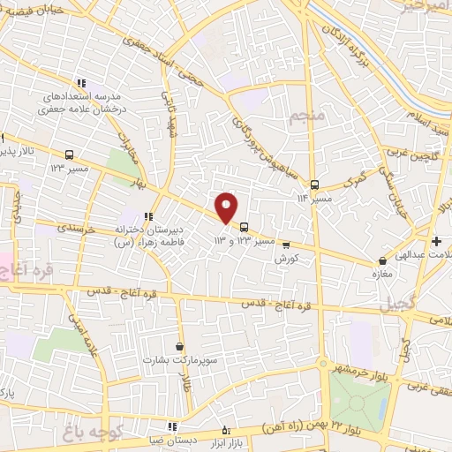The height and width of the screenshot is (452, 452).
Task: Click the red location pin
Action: [227, 207]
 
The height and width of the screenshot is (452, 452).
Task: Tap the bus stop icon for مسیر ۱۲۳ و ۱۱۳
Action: [245, 226]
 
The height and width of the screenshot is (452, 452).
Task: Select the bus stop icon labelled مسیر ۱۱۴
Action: [315, 185]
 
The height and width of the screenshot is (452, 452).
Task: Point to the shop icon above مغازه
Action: [382, 261]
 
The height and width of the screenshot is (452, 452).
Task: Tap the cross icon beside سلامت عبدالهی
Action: [436, 241]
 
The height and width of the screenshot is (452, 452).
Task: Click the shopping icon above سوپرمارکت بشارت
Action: [181, 347]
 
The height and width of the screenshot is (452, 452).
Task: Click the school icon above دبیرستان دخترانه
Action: [148, 215]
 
